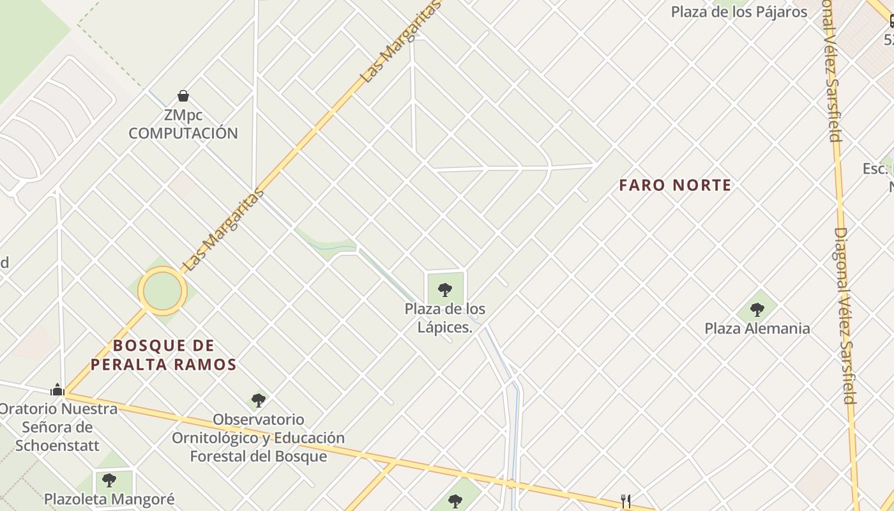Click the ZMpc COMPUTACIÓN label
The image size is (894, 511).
tap(183, 125)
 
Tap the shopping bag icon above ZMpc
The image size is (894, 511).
tap(183, 96)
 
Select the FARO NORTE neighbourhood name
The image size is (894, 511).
tap(675, 185)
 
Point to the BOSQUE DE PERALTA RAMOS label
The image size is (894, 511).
tap(163, 355)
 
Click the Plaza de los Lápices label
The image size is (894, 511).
tap(444, 318)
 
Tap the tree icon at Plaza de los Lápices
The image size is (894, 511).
tap(445, 290)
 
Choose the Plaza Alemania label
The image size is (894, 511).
tap(757, 328)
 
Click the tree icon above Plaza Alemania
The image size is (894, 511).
tap(757, 310)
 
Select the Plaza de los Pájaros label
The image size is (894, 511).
tap(739, 11)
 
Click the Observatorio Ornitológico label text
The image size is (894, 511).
tap(258, 438)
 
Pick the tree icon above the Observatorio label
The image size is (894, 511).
tap(258, 400)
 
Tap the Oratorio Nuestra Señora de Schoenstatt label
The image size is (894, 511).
tap(57, 427)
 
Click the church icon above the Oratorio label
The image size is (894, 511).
tap(57, 390)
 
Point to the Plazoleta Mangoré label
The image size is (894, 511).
tap(109, 499)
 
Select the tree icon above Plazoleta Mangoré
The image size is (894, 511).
tap(109, 479)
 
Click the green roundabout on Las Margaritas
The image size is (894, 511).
tap(163, 291)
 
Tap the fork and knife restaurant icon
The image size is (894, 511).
tap(626, 501)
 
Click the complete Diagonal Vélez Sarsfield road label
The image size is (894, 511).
tap(845, 316)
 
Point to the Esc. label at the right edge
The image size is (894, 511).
tap(875, 169)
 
